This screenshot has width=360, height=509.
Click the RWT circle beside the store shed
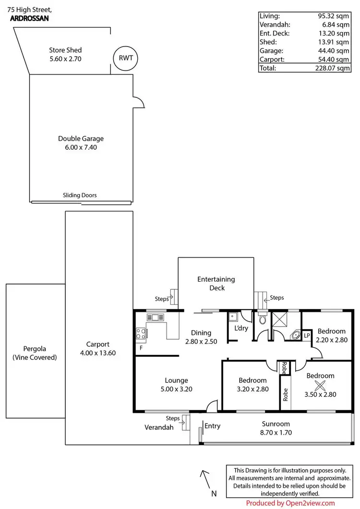click(x=125, y=59)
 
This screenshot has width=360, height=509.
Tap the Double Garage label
click(x=81, y=139)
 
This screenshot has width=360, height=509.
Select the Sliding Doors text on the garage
click(x=80, y=195)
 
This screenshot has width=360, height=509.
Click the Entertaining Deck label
click(x=216, y=283)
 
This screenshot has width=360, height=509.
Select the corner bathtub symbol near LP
click(x=296, y=335)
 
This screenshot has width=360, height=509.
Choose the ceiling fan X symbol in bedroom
click(x=320, y=385)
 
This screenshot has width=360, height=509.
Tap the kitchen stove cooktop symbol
click(x=141, y=332)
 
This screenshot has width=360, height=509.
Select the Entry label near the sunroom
click(x=212, y=426)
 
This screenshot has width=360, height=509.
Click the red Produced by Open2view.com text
click(x=290, y=503)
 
